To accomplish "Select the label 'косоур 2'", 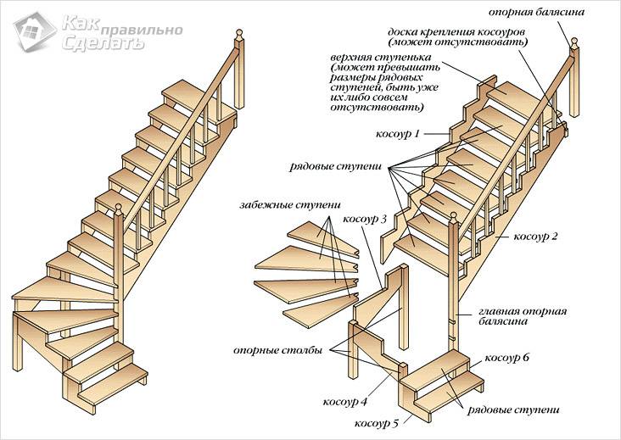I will pos(536,236).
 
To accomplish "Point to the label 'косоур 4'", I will pos(344,401).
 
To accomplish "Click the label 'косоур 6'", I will pos(506,358).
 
